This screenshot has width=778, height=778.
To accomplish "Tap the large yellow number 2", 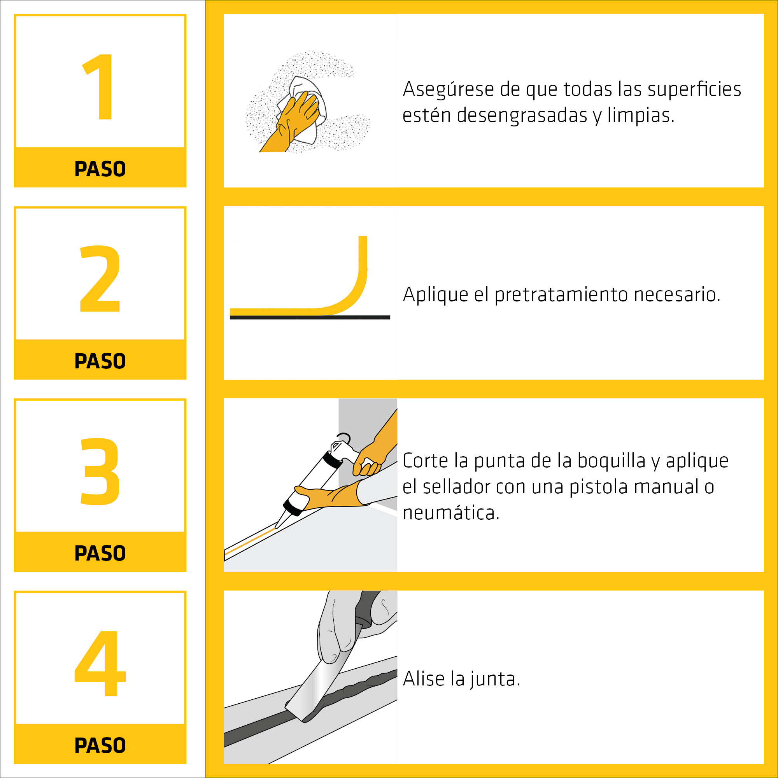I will point(100,279).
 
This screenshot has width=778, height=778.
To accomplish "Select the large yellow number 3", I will point(100,471).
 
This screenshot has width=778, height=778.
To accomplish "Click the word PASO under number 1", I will point(100,169).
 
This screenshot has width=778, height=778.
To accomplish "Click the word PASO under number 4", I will point(100,745).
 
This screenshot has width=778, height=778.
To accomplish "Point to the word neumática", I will point(450,513).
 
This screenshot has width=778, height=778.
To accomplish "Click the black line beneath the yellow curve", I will point(310,317).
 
